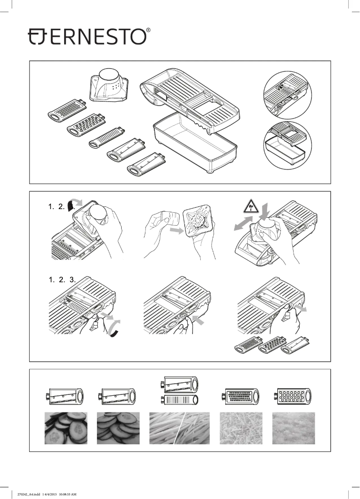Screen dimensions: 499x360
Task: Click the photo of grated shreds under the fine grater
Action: pos(241,428)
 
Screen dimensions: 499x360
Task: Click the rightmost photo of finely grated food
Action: pos(293,428)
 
